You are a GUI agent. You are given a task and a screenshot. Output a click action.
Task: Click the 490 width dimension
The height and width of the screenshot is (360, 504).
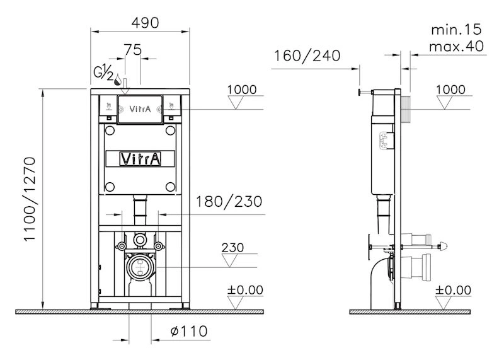click(x=142, y=21)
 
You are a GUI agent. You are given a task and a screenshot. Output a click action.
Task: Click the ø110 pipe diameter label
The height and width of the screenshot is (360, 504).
click(x=191, y=330)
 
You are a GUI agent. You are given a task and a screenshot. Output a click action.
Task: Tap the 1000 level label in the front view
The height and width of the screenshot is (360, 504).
click(x=242, y=90)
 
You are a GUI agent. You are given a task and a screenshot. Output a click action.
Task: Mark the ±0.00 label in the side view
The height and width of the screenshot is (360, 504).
click(x=454, y=290)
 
